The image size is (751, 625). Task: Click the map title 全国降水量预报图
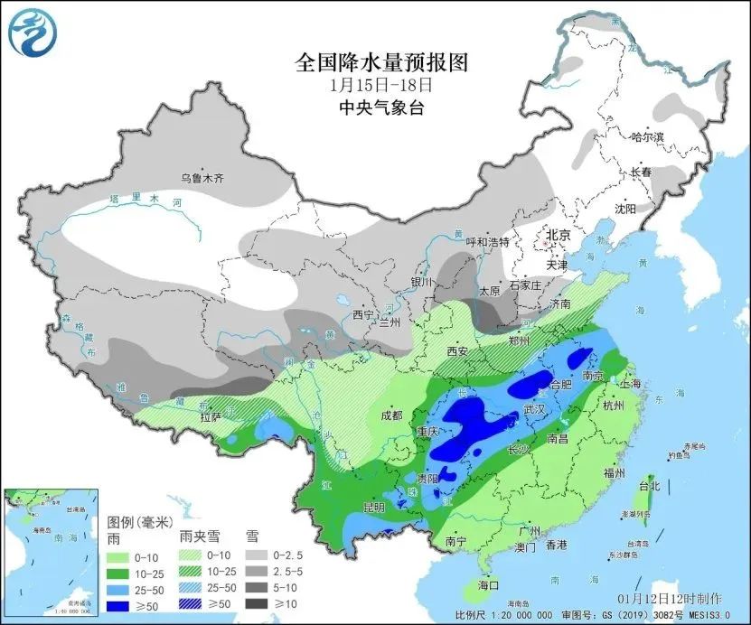point(383,63)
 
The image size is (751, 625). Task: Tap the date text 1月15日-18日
point(381,87)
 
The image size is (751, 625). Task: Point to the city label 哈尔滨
point(647,136)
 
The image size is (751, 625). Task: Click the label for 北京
point(558,235)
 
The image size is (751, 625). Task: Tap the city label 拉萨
point(211,418)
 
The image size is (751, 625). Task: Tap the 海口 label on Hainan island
point(488,585)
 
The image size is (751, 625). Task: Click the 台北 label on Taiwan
point(649,486)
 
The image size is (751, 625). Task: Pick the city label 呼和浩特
point(487,242)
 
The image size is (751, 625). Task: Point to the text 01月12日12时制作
point(670,598)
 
